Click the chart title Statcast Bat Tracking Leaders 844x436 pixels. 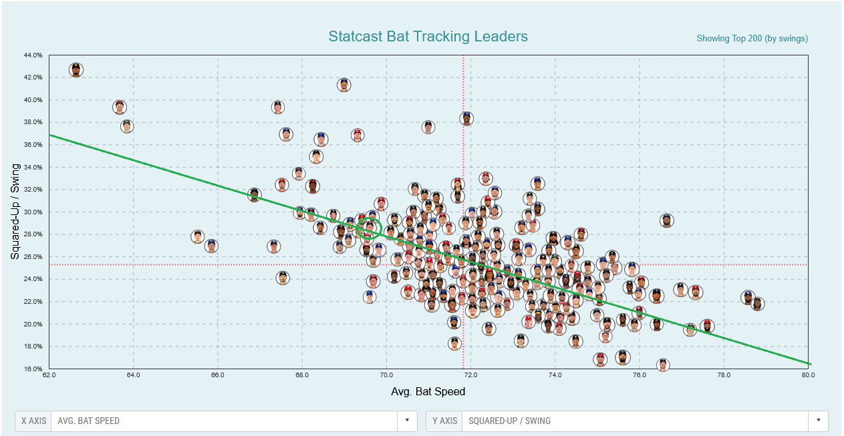tap(428, 37)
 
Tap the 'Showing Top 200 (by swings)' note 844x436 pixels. tap(752, 39)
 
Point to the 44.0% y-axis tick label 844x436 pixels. tap(33, 55)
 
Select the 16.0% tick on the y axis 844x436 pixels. tap(33, 369)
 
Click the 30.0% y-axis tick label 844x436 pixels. tap(33, 212)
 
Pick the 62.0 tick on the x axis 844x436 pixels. tap(49, 376)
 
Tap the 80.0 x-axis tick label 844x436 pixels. tap(808, 376)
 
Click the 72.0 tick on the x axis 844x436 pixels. tap(471, 376)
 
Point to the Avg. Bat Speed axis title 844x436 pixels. tap(428, 391)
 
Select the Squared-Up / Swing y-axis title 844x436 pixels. tap(15, 212)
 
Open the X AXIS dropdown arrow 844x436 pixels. tap(406, 421)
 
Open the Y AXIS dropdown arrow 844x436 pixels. tap(817, 421)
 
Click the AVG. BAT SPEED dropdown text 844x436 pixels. tap(89, 421)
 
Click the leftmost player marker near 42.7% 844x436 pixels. tap(76, 69)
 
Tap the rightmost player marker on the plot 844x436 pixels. tap(757, 304)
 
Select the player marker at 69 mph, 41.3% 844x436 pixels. tap(344, 85)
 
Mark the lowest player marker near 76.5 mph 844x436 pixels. tap(663, 365)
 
